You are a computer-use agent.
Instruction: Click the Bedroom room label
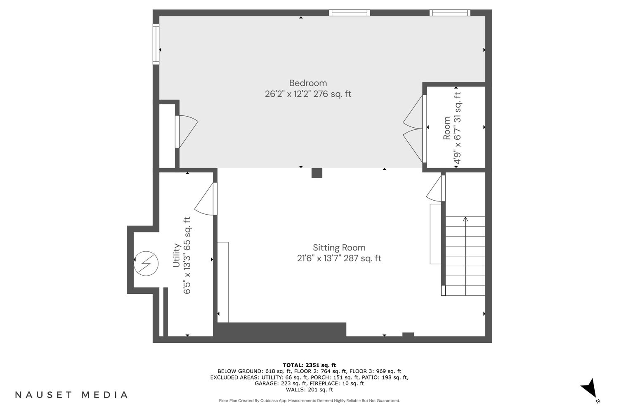point(308,83)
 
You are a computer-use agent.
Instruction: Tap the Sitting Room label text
point(339,248)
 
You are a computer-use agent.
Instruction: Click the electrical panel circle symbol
point(146,264)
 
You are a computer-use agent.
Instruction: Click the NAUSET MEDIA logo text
point(71,395)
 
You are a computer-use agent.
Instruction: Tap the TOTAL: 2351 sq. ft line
point(309,365)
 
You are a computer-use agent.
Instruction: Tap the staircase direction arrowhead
point(465,219)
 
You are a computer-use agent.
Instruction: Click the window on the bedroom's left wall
point(156,44)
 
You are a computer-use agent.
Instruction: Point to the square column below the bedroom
point(317,173)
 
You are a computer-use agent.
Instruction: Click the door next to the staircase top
point(436,188)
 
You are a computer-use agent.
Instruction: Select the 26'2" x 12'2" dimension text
point(308,94)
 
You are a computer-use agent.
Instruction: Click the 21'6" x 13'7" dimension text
point(339,258)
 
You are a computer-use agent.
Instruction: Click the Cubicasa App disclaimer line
point(309,400)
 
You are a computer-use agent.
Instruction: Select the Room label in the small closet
point(447,128)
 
